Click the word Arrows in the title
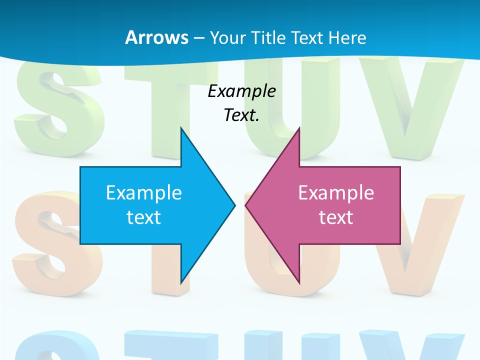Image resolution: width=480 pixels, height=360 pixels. coord(156,37)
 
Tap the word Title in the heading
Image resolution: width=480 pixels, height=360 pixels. coord(271,37)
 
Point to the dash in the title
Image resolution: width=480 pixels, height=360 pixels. coord(198,38)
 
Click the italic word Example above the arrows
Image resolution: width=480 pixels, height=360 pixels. coord(242,91)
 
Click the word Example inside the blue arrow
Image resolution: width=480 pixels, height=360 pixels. coord(144,193)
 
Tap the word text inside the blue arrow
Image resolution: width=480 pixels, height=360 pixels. coord(144,217)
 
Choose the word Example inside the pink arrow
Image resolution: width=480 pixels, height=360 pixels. coord(336,193)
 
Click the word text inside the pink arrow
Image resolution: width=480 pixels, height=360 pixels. coord(336,217)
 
